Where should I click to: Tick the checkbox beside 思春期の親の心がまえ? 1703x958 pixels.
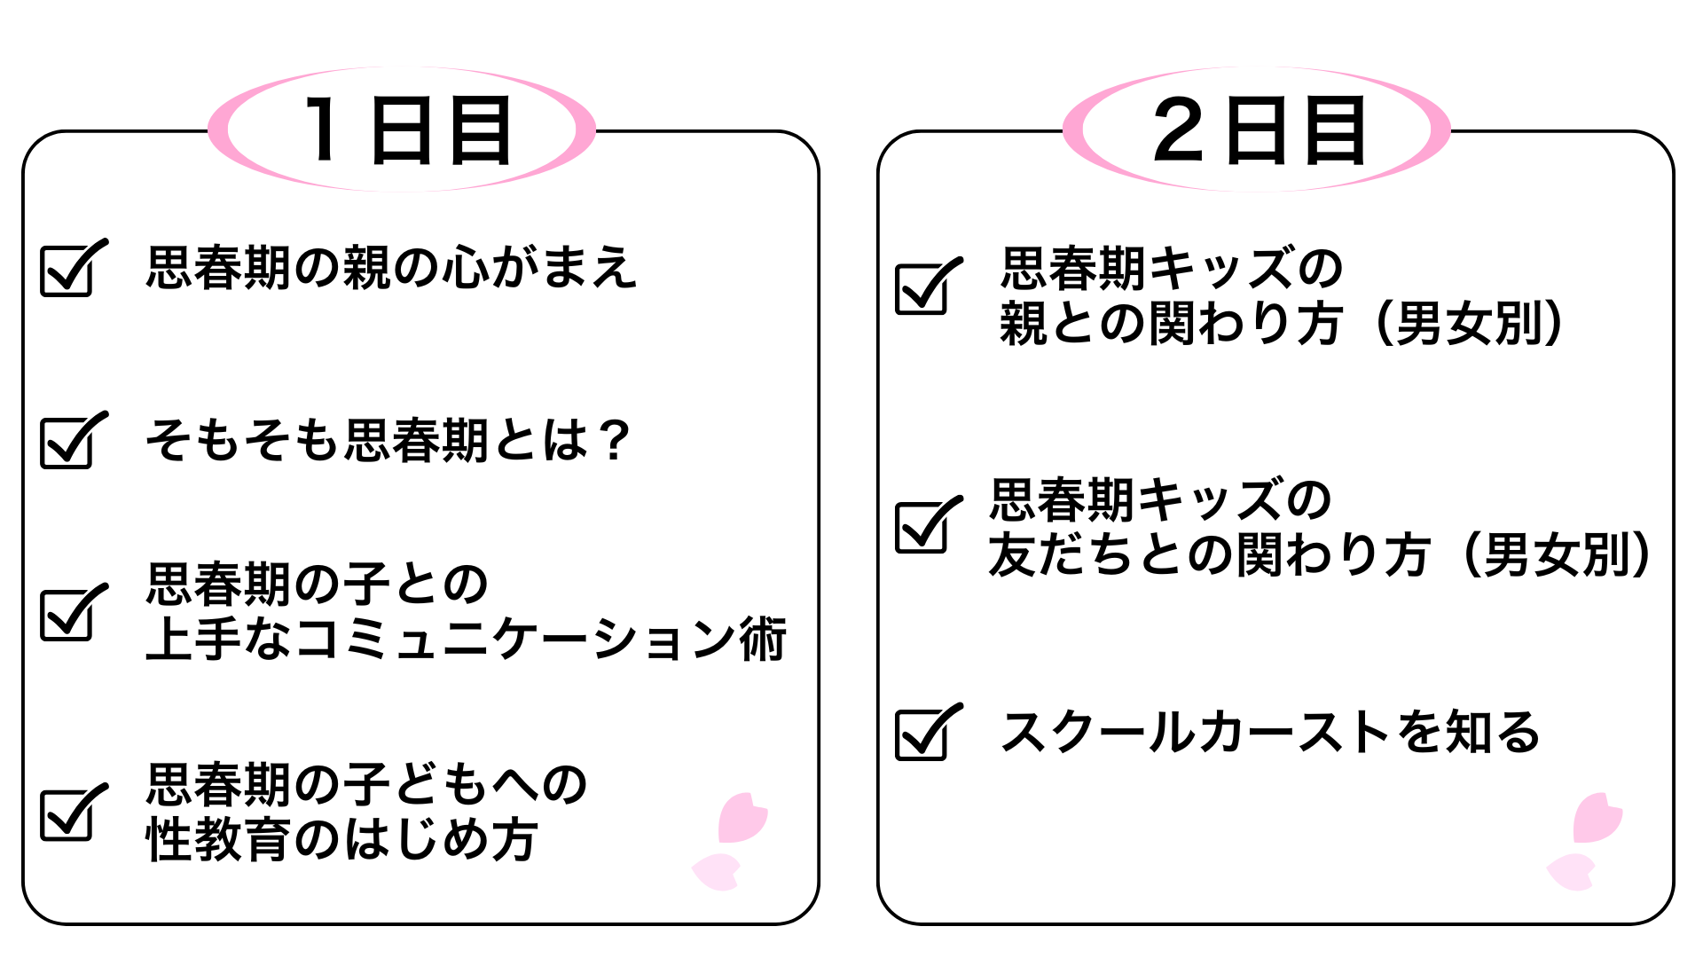(67, 271)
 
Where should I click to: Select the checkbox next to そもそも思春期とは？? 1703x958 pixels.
(67, 442)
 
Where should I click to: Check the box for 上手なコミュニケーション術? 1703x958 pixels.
(67, 614)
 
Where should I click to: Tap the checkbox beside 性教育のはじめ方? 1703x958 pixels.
(67, 813)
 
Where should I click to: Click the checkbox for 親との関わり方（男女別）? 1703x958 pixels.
(922, 288)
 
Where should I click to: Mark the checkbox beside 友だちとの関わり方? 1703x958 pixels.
(922, 527)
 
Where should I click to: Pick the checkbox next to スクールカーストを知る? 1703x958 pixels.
(922, 734)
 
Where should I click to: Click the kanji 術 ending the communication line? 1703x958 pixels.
(763, 640)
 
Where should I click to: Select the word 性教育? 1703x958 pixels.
(218, 840)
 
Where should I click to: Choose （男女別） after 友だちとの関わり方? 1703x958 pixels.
(1557, 555)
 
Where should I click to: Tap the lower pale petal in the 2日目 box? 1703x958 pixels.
(1571, 871)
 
